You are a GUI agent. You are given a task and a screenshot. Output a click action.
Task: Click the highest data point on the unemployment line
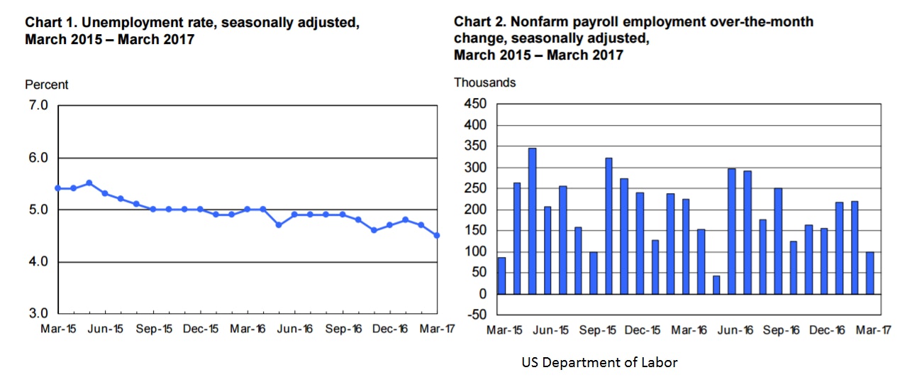click(x=89, y=183)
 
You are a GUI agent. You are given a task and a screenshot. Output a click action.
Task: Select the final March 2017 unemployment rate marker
click(x=436, y=236)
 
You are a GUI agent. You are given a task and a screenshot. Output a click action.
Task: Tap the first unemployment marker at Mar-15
click(x=58, y=188)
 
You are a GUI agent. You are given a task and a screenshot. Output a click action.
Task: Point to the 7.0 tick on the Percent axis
click(x=37, y=106)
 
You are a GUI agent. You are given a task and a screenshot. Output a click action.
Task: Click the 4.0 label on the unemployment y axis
click(x=37, y=262)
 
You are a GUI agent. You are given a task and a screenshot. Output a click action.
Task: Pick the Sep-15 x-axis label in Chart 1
click(x=153, y=329)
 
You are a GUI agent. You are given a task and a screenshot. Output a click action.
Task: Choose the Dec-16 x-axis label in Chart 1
click(x=389, y=329)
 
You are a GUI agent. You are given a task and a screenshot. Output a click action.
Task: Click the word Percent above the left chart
click(x=47, y=85)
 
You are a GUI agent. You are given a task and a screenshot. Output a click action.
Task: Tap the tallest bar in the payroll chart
click(x=532, y=220)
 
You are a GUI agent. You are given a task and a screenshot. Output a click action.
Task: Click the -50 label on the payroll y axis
click(x=476, y=315)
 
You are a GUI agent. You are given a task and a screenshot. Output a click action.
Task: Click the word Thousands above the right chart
click(x=485, y=82)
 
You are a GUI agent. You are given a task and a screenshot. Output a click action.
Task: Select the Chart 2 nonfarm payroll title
click(x=633, y=38)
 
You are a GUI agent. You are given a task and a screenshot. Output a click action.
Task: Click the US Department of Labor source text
click(x=599, y=362)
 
